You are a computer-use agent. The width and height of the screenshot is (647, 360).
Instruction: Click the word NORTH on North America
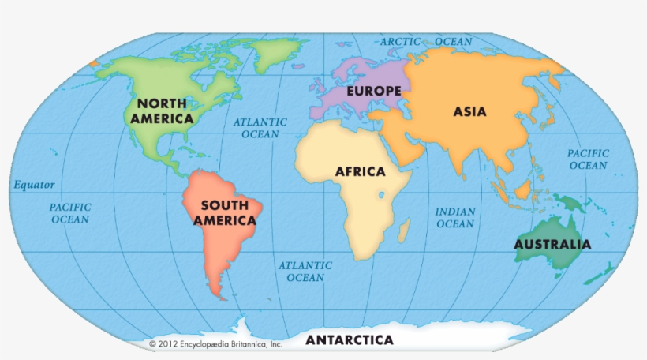[162, 103]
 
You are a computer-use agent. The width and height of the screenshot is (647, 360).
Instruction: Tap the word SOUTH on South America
[225, 205]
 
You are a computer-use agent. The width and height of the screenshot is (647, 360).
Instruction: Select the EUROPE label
[373, 91]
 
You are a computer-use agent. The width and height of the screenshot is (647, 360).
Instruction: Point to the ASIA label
[469, 111]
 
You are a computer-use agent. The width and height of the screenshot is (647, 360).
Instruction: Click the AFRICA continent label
[360, 171]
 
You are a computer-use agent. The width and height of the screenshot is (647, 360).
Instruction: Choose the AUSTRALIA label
[552, 244]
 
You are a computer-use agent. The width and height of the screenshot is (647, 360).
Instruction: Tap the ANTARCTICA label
[349, 340]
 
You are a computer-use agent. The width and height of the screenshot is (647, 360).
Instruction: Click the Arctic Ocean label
[426, 42]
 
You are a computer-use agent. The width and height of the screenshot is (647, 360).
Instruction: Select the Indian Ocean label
[455, 218]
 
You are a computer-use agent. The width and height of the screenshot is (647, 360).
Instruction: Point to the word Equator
[34, 185]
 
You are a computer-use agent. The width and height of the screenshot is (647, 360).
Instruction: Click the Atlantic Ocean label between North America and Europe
[260, 128]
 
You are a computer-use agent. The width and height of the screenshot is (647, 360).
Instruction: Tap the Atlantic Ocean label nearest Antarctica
[305, 272]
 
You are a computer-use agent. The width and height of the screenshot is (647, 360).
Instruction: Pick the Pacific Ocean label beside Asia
[588, 159]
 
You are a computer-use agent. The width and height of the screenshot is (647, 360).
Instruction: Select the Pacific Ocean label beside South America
[70, 213]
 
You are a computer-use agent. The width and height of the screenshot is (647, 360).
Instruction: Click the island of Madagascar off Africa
[404, 231]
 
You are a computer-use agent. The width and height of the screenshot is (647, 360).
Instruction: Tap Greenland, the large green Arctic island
[274, 52]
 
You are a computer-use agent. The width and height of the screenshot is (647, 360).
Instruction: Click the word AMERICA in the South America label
[225, 221]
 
